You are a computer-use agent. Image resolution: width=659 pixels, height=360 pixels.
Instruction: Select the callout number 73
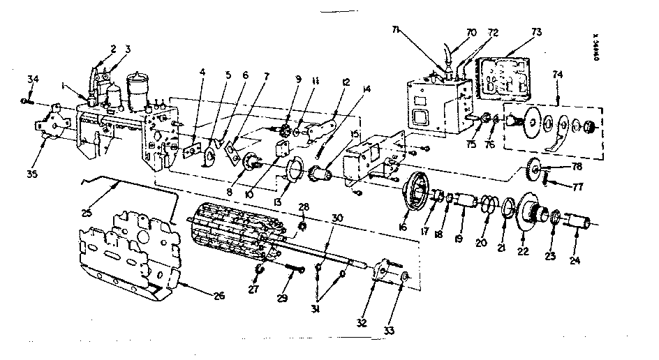pos(535,31)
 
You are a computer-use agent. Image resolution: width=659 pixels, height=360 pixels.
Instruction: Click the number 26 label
pos(219,295)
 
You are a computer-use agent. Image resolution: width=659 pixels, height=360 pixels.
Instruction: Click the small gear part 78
pos(535,168)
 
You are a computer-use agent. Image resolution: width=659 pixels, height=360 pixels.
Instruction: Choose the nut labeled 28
pos(302,226)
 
